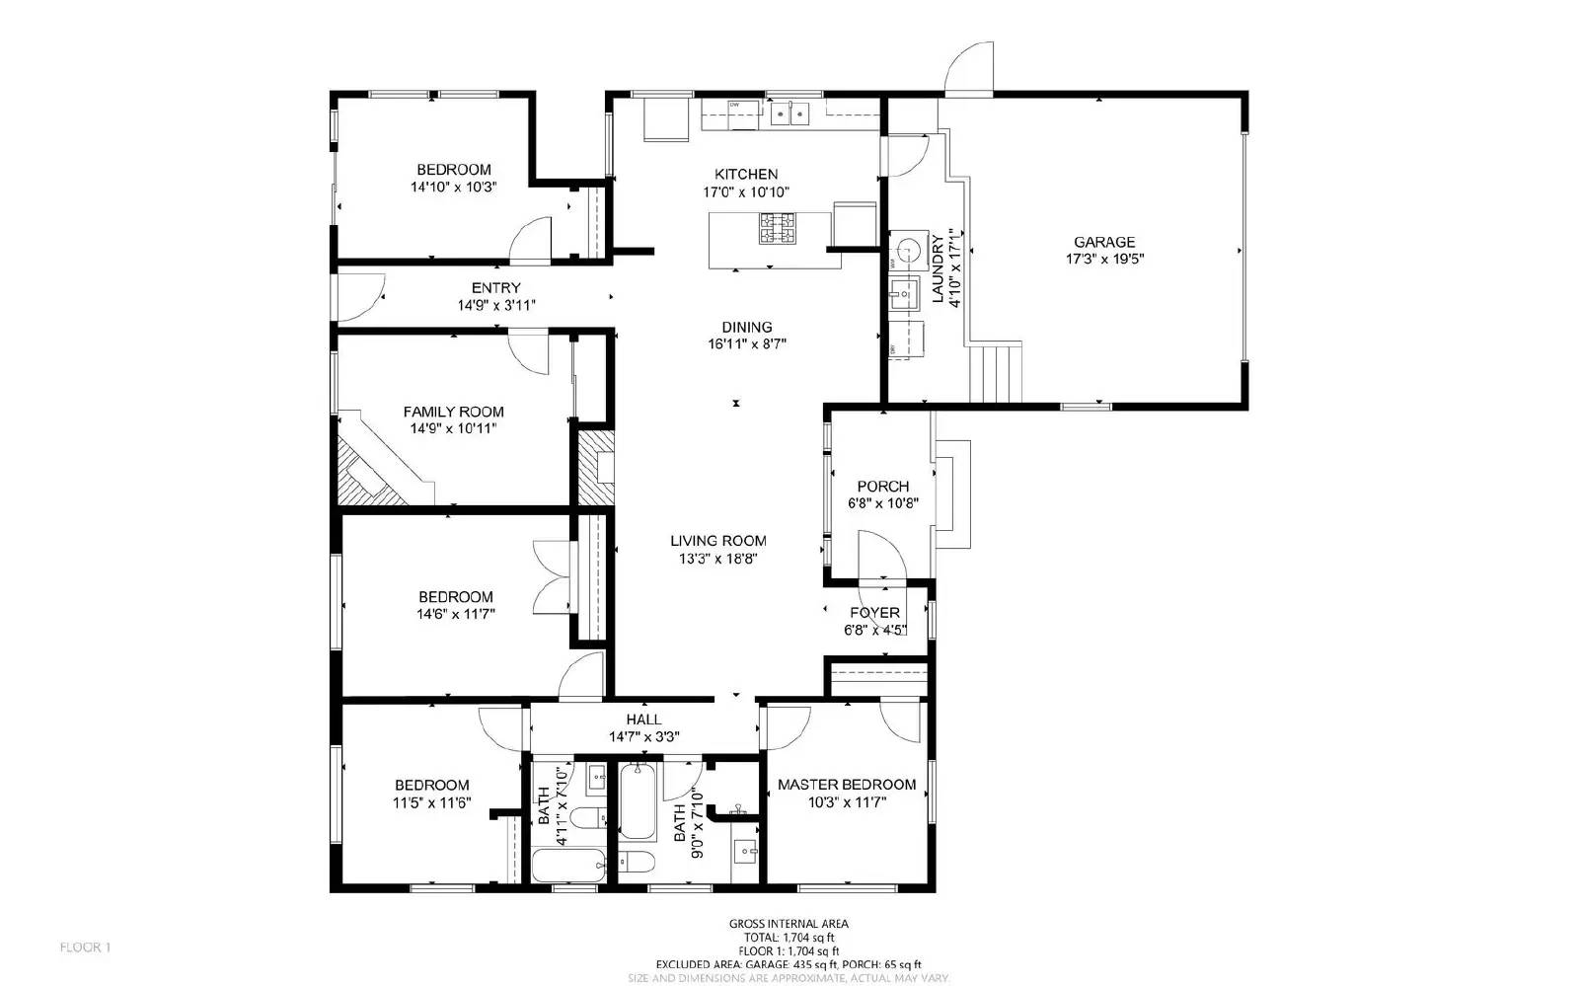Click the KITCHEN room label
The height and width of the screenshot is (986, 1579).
click(746, 174)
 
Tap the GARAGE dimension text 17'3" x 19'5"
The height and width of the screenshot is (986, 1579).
click(1104, 260)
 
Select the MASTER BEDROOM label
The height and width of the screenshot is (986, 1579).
click(847, 785)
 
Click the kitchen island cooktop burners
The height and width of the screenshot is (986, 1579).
click(777, 229)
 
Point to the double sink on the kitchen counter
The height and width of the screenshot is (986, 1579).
click(789, 114)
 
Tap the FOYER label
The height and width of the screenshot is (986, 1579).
click(874, 613)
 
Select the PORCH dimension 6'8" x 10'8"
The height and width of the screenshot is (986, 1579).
click(883, 503)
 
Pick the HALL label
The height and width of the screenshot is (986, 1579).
click(643, 720)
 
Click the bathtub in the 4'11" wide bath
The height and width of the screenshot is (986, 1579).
click(568, 867)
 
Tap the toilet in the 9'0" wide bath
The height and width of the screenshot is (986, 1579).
click(637, 862)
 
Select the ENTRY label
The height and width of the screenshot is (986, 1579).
click(495, 288)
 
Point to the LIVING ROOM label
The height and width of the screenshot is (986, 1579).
click(717, 541)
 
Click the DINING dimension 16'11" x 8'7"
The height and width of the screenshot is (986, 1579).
click(746, 344)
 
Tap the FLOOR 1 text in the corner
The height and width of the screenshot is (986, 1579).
click(86, 948)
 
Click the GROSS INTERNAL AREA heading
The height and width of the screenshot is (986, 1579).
click(789, 924)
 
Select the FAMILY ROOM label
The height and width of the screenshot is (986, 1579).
click(453, 412)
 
